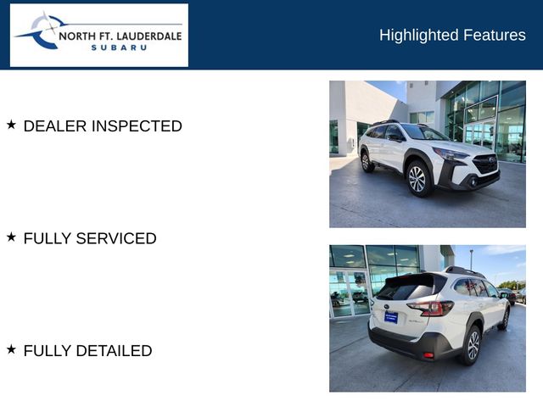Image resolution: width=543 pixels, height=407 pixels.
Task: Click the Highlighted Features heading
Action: tap(452, 35)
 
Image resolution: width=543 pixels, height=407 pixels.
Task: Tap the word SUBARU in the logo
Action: tap(119, 47)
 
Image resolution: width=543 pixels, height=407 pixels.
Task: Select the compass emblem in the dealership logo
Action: tap(38, 31)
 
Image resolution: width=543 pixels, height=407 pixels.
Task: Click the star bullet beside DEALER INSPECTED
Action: tap(12, 125)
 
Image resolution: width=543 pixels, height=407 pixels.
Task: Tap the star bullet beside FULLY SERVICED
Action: tap(12, 237)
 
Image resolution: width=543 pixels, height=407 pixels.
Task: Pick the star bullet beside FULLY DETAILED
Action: tap(12, 349)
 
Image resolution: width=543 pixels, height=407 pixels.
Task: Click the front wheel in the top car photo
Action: tap(417, 178)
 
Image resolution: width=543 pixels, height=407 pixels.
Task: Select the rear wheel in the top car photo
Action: tap(367, 161)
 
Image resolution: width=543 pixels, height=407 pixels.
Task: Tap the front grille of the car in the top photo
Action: tap(485, 164)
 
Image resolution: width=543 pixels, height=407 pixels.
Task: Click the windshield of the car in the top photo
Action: tap(424, 133)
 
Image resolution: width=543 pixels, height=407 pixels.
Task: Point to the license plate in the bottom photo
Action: tap(391, 316)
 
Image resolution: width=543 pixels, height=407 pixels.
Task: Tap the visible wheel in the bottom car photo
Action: tap(473, 344)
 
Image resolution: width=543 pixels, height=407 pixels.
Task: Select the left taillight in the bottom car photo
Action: tap(430, 308)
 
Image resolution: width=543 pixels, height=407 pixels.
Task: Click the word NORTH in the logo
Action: tap(82, 36)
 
